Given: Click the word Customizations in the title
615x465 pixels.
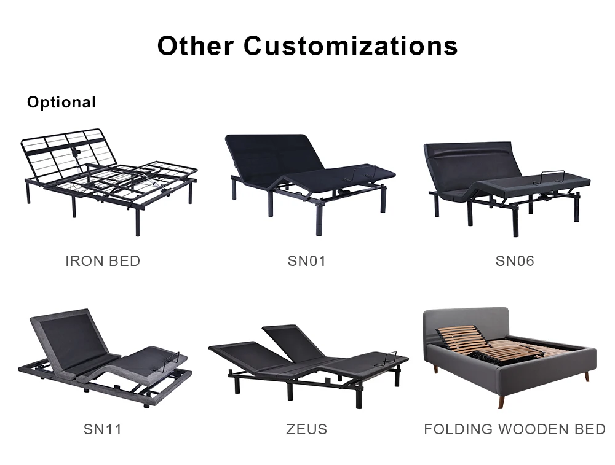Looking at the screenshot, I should click(x=351, y=46).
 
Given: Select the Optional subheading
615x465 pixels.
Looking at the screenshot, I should click(x=61, y=102).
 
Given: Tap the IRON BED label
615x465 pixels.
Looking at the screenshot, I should click(x=103, y=261).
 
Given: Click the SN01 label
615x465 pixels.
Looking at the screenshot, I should click(x=307, y=261).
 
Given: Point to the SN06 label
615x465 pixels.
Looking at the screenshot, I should click(x=515, y=261).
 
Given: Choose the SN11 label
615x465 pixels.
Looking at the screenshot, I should click(x=103, y=429).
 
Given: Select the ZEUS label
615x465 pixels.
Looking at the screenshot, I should click(x=307, y=429).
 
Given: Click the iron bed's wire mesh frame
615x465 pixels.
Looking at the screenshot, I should click(x=61, y=154).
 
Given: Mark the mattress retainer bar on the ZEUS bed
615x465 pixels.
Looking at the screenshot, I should click(x=391, y=354).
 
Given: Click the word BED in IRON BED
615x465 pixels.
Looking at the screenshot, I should click(x=125, y=261).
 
